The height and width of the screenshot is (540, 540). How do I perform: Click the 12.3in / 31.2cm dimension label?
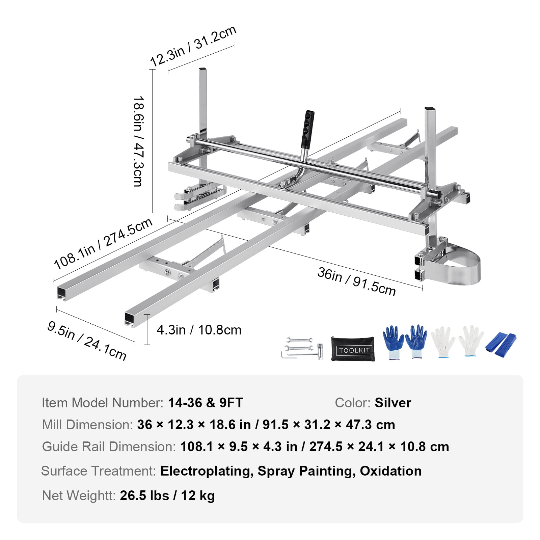[193, 47]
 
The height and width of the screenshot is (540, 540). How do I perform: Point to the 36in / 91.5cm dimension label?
[356, 281]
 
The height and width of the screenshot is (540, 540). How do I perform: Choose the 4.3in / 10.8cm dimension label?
[199, 330]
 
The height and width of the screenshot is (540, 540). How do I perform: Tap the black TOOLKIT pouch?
[353, 349]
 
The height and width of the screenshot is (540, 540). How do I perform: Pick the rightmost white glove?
[471, 341]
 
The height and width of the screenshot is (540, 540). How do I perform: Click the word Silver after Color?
[393, 403]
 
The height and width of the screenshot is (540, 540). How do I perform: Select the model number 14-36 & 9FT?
[206, 403]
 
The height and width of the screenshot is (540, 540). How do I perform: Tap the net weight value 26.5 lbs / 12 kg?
[167, 495]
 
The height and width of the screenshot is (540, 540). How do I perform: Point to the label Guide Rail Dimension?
[109, 447]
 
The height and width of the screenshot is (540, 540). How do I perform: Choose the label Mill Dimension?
[87, 425]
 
